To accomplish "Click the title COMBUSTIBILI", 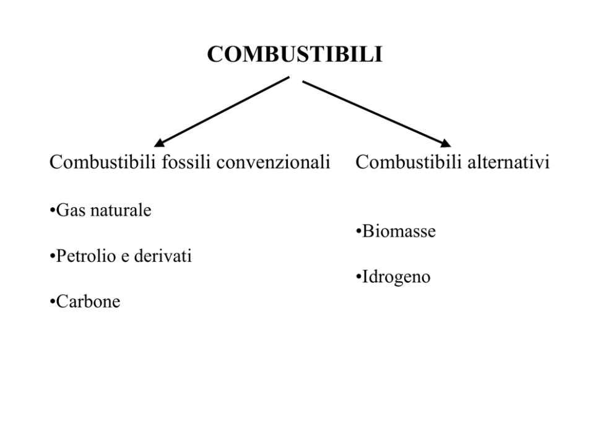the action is click(295, 54).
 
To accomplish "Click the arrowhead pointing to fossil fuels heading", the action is click(158, 142).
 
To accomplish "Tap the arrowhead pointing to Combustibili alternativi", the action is click(445, 143).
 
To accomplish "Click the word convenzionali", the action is click(274, 162).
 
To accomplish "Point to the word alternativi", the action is click(508, 162).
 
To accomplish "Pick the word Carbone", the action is click(88, 302).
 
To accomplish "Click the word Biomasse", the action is click(399, 231).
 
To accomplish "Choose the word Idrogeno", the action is click(396, 277).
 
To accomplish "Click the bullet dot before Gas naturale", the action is click(53, 211).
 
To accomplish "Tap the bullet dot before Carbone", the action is click(53, 302).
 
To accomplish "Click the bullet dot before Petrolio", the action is click(53, 257).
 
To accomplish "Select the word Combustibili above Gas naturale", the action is click(103, 162).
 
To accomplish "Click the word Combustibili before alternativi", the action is click(409, 162).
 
